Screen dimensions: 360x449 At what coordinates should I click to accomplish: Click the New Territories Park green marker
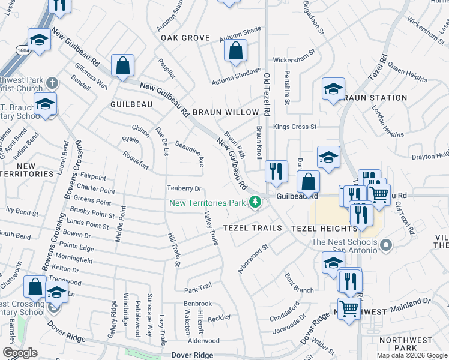tap(256, 202)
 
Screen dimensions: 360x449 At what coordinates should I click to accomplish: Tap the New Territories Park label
tap(208, 203)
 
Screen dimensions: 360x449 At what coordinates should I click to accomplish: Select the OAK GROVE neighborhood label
tap(185, 38)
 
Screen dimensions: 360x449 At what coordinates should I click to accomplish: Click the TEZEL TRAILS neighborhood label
tap(252, 229)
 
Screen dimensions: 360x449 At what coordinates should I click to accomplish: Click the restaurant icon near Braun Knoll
tap(276, 171)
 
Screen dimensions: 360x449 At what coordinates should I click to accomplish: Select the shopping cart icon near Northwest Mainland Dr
tap(349, 308)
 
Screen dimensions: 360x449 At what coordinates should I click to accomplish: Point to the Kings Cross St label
tap(294, 127)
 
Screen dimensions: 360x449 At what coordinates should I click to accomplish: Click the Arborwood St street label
tap(252, 259)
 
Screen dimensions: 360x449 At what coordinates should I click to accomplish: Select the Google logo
tap(20, 353)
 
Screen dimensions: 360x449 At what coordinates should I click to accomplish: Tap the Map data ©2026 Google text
tap(411, 355)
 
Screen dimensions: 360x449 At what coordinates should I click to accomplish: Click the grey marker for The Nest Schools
tap(386, 245)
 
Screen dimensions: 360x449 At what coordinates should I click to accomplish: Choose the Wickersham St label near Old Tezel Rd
tap(294, 60)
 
